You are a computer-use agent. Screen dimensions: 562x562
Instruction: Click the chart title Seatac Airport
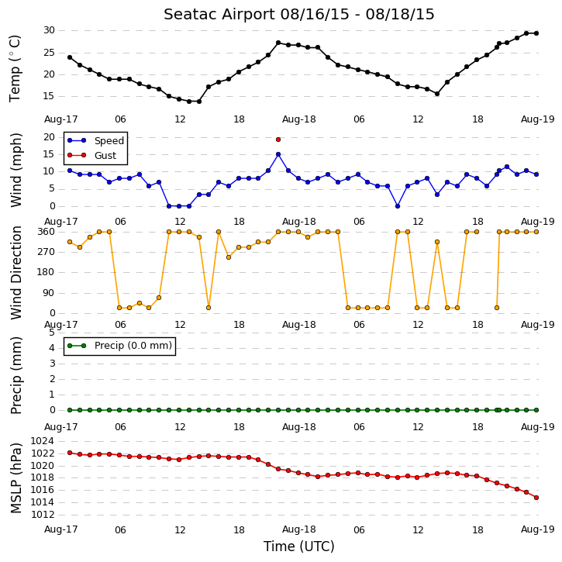(x=219, y=15)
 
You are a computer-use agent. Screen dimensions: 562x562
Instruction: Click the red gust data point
(x=278, y=140)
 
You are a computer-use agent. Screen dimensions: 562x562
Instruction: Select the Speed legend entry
(x=95, y=140)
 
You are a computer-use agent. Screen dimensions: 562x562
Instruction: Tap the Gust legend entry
(x=91, y=155)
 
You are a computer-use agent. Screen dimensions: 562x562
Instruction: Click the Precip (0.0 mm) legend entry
(x=119, y=346)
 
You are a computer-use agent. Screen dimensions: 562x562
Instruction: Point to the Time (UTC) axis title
(x=299, y=546)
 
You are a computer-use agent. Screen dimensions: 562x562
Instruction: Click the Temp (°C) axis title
(x=15, y=68)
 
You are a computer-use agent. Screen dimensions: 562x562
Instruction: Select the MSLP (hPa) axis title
(x=16, y=478)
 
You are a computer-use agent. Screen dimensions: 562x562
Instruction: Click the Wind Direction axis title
(x=16, y=273)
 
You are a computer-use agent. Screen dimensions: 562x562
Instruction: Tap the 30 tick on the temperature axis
(x=49, y=30)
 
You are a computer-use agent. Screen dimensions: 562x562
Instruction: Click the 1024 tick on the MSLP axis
(x=43, y=441)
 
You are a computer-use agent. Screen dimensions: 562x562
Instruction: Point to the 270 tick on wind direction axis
(x=47, y=252)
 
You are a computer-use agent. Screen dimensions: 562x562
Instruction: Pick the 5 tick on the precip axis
(x=52, y=333)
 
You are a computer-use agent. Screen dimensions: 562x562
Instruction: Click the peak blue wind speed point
(x=278, y=154)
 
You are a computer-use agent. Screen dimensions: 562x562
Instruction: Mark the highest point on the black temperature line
(x=526, y=33)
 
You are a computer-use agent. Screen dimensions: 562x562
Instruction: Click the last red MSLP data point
(x=536, y=498)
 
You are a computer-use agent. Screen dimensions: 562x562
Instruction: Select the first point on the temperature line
(x=70, y=57)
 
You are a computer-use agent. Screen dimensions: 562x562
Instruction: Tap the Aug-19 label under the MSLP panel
(x=537, y=529)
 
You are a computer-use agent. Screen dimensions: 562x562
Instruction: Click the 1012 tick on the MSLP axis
(x=43, y=515)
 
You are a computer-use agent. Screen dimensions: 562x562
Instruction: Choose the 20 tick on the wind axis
(x=49, y=137)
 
